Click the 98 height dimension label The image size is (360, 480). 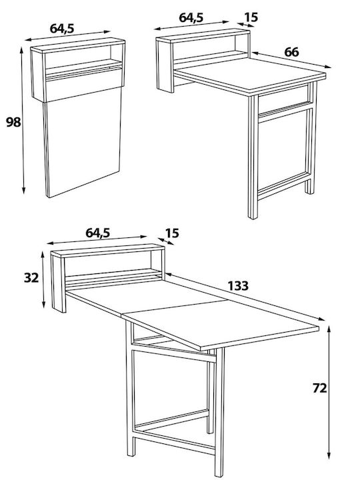tap(13, 122)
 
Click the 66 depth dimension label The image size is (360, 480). tap(291, 53)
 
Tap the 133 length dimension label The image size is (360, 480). tap(238, 286)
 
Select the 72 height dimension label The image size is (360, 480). tap(319, 388)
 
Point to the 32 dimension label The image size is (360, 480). tap(31, 277)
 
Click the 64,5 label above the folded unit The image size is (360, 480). tap(62, 28)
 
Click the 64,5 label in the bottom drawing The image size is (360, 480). tap(97, 233)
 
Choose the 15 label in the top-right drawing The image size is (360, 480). tap(251, 17)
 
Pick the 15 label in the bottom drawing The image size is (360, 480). tap(172, 233)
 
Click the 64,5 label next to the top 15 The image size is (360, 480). tap(191, 17)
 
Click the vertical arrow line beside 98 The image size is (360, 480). tap(23, 120)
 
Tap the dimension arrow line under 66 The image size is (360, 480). tap(292, 60)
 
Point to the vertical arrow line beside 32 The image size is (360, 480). tap(43, 279)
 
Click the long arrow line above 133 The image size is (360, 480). tap(245, 297)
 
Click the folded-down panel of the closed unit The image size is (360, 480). tap(83, 141)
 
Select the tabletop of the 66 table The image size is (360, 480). tap(251, 75)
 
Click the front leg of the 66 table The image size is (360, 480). tap(253, 157)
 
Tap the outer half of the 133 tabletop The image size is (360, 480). tap(221, 325)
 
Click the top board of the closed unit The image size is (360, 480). tap(78, 45)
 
